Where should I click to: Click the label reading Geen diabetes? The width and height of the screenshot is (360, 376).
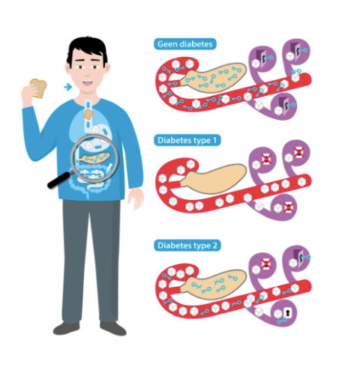185,44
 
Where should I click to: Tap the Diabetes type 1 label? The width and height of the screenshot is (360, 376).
187,140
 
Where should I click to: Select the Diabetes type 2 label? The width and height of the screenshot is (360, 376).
187,246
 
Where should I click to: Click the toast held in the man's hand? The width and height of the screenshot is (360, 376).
38,88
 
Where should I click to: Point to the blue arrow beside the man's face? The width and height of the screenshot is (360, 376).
67,87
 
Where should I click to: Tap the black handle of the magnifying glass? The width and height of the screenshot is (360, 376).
59,180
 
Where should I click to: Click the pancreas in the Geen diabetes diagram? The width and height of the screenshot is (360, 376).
214,78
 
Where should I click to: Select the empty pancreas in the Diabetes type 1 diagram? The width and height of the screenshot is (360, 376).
214,178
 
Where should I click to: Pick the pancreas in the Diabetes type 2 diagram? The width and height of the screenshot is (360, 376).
214,284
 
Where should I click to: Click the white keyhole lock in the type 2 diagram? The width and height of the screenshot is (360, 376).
288,312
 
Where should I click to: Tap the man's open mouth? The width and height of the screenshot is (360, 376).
88,83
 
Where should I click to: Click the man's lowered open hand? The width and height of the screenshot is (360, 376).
136,198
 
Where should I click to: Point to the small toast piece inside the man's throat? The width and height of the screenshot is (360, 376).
88,115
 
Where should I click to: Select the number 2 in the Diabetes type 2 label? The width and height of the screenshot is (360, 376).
214,246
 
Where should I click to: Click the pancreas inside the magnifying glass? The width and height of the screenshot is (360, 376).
95,158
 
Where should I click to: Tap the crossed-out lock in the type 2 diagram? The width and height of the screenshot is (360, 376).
266,264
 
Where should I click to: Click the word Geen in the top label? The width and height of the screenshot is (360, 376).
167,44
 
